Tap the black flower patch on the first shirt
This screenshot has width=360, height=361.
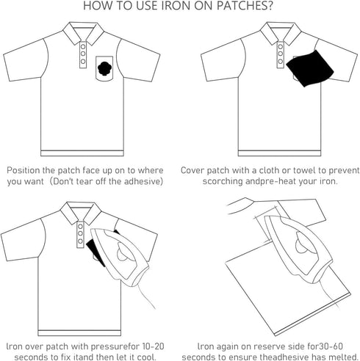104,68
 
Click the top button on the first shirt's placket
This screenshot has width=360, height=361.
83,46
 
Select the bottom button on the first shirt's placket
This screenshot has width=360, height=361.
83,61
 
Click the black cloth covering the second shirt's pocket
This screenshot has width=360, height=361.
310,68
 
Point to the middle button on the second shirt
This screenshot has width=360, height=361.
281,54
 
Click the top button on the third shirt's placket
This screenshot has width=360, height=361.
80,227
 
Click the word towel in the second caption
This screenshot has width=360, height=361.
304,170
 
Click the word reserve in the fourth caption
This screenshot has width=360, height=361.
268,346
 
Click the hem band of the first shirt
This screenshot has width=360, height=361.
82,153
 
